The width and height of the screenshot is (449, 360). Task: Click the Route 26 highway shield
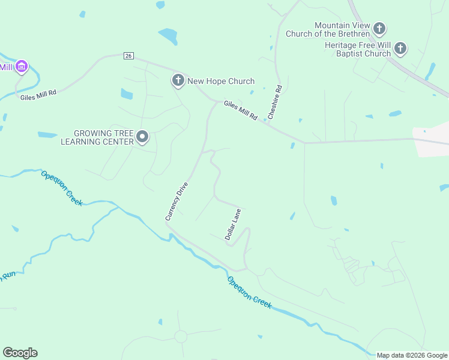pyautogui.click(x=128, y=56)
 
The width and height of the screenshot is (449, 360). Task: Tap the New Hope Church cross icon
pyautogui.click(x=178, y=80)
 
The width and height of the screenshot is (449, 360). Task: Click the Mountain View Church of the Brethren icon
pyautogui.click(x=379, y=28)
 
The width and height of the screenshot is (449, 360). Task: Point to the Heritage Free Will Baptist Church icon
pyautogui.click(x=400, y=49)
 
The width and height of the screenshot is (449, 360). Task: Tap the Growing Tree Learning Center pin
pyautogui.click(x=142, y=137)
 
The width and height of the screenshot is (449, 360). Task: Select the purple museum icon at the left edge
pyautogui.click(x=21, y=66)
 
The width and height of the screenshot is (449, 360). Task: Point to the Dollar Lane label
pyautogui.click(x=233, y=225)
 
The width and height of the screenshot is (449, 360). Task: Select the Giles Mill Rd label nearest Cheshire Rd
pyautogui.click(x=241, y=110)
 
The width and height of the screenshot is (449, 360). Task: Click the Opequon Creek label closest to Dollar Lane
pyautogui.click(x=249, y=293)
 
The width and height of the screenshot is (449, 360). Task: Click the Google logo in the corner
pyautogui.click(x=20, y=353)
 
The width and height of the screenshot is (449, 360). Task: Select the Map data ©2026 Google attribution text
pyautogui.click(x=411, y=355)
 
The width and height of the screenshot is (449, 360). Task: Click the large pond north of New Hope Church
pyautogui.click(x=168, y=36)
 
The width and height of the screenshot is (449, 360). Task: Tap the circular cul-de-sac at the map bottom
pyautogui.click(x=180, y=337)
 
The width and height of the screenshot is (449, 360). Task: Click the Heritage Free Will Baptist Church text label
pyautogui.click(x=357, y=49)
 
